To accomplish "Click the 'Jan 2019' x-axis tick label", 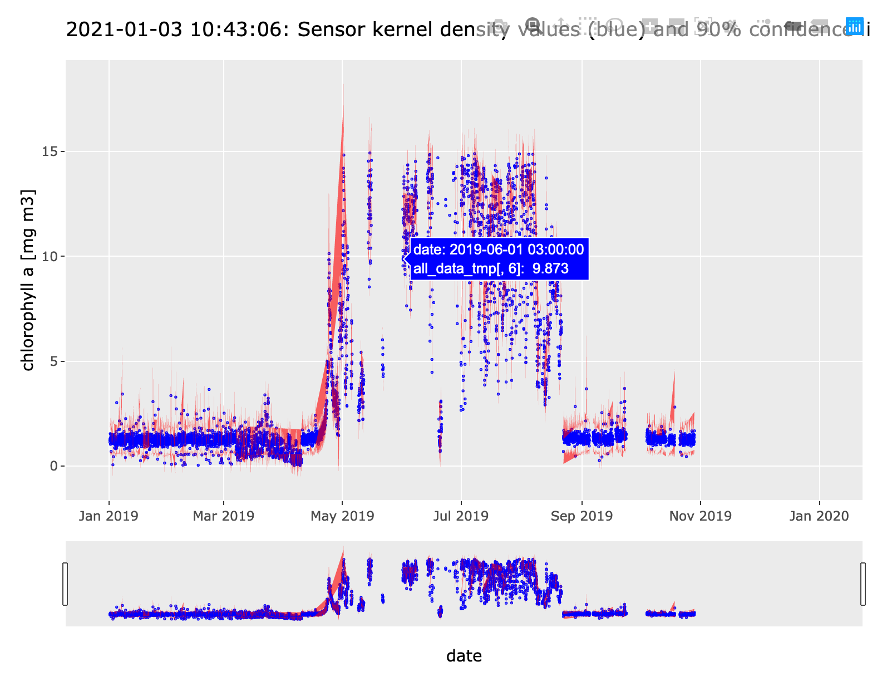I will point(109,516).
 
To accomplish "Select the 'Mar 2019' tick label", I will point(223,516).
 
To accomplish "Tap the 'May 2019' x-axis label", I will point(342,516).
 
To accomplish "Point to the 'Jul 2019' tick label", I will point(461,516).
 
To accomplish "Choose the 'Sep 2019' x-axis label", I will point(582,516).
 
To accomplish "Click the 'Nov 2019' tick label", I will point(700,516).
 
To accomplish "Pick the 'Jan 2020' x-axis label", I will point(819,516).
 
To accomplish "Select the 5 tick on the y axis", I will point(53,361).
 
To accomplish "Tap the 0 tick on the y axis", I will point(53,466).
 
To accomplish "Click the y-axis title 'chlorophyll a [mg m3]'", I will point(28,280).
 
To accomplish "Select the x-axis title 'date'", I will point(464,656).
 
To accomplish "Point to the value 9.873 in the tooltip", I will point(550,269).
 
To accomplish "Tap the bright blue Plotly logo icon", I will point(854,26).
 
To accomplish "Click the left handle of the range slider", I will point(65,584).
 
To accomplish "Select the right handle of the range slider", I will point(863,584).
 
